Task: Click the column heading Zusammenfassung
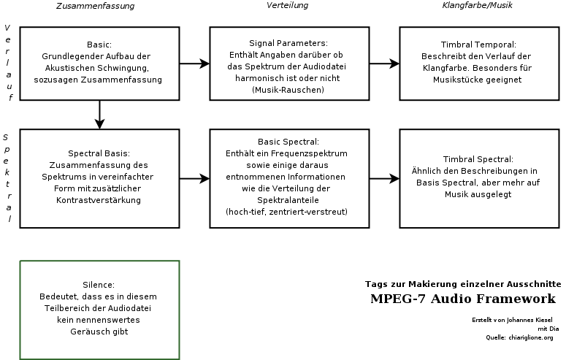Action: tap(95, 6)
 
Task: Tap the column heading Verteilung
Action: tap(287, 5)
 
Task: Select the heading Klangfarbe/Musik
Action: tap(477, 5)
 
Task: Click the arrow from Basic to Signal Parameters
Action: tap(194, 64)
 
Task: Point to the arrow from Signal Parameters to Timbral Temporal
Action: tap(384, 64)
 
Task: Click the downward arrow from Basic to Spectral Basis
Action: tap(99, 115)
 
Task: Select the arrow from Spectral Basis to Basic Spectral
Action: tap(194, 178)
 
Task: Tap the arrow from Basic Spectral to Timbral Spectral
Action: tap(384, 178)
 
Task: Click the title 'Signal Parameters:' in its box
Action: tap(288, 43)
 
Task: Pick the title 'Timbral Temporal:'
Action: tap(478, 45)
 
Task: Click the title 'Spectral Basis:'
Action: tap(99, 153)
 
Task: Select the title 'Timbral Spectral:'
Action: tap(478, 159)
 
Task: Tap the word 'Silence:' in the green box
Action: tap(99, 285)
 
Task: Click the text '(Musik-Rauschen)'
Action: tap(288, 90)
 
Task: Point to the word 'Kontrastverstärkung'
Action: tap(99, 200)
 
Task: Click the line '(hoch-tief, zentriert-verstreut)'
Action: tap(286, 212)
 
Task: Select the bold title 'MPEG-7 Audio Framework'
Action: tap(463, 299)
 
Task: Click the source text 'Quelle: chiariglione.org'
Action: tap(519, 337)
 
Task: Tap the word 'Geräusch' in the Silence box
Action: tap(85, 332)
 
